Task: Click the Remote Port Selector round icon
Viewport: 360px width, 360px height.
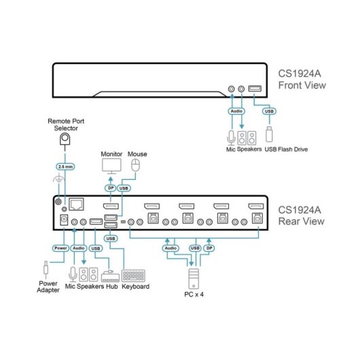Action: pos(65,139)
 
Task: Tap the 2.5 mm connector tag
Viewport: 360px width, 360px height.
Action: pos(65,166)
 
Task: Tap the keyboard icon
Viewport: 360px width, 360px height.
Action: pos(135,276)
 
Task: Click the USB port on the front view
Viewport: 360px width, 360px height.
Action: pos(256,88)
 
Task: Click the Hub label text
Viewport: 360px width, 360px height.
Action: pos(111,287)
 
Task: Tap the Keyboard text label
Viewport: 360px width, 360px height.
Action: pos(136,287)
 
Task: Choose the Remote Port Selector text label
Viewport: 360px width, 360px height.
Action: pos(65,124)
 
